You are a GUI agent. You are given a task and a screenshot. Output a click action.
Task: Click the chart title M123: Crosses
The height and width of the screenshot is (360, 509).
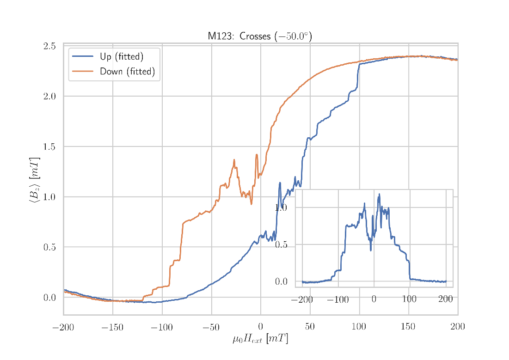point(259,37)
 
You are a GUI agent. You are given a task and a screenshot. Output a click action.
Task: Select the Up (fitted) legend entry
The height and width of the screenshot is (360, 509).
point(121,57)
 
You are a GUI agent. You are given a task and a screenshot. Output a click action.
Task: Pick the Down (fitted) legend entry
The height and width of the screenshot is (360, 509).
point(127,72)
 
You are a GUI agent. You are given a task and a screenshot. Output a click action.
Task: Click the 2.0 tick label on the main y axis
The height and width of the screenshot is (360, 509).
point(49,96)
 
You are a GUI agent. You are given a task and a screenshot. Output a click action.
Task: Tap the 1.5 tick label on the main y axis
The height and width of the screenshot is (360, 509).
point(49,146)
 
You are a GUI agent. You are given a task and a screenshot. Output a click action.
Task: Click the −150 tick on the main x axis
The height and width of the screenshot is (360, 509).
point(112,328)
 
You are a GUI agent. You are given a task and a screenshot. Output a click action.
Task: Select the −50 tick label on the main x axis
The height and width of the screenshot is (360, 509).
point(211,328)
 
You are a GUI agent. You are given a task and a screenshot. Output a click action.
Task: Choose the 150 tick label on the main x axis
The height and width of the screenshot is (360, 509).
point(408,328)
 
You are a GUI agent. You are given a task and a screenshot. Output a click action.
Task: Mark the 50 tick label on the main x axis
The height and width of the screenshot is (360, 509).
point(310,328)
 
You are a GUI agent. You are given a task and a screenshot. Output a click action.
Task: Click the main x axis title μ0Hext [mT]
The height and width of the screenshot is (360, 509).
point(260,339)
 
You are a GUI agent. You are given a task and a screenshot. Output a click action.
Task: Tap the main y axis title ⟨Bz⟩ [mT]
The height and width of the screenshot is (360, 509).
point(34,180)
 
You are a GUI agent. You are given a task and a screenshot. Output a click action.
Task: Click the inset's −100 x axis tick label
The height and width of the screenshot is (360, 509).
point(337,300)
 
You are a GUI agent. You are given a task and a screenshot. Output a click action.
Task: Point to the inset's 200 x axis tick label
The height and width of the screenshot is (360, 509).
point(446,300)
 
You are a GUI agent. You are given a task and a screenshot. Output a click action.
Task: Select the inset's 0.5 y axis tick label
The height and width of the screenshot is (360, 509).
point(281,244)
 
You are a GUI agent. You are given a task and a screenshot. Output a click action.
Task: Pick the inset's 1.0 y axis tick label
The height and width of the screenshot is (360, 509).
point(281,207)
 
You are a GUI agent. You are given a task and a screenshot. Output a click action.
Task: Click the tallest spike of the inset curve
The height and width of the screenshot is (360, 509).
point(379,194)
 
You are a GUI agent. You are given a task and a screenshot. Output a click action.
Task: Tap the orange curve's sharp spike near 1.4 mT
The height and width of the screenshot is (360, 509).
point(257,155)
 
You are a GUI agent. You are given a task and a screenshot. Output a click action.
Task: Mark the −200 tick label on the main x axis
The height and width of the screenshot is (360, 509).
point(63,328)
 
